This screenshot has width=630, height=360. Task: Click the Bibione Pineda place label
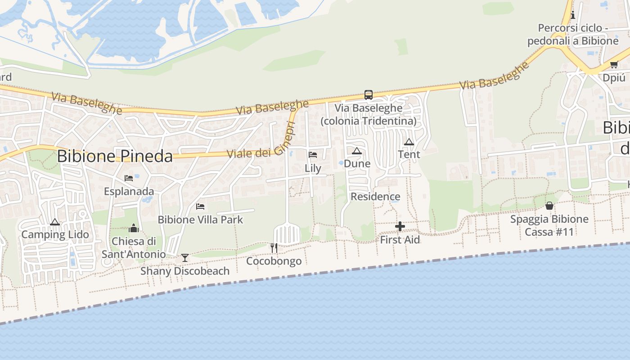pos(115,156)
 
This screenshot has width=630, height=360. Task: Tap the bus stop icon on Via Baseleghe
pos(369,95)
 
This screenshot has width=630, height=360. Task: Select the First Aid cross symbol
pos(400,226)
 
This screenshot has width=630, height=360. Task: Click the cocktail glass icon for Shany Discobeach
pos(184,258)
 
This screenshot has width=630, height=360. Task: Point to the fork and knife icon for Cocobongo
pos(274,247)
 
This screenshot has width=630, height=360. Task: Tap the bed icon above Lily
pos(313,155)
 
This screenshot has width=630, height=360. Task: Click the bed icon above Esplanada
pos(129,178)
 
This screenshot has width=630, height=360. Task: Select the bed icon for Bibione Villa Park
pos(200,207)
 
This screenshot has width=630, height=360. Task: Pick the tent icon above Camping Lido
pos(55,222)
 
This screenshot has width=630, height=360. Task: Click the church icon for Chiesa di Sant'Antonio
pos(133,228)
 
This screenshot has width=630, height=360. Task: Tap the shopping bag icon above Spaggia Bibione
pos(549,206)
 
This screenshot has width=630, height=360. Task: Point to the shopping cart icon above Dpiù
pos(614,64)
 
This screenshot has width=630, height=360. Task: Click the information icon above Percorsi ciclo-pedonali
pos(573,15)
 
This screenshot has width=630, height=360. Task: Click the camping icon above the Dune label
pos(357,151)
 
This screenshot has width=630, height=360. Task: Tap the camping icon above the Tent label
pos(409,142)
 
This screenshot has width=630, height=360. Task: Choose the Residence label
pos(375,197)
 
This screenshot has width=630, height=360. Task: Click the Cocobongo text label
pos(274,261)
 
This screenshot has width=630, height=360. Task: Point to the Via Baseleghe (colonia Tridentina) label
pos(368,115)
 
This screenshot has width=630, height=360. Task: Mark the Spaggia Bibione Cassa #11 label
pos(549,225)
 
